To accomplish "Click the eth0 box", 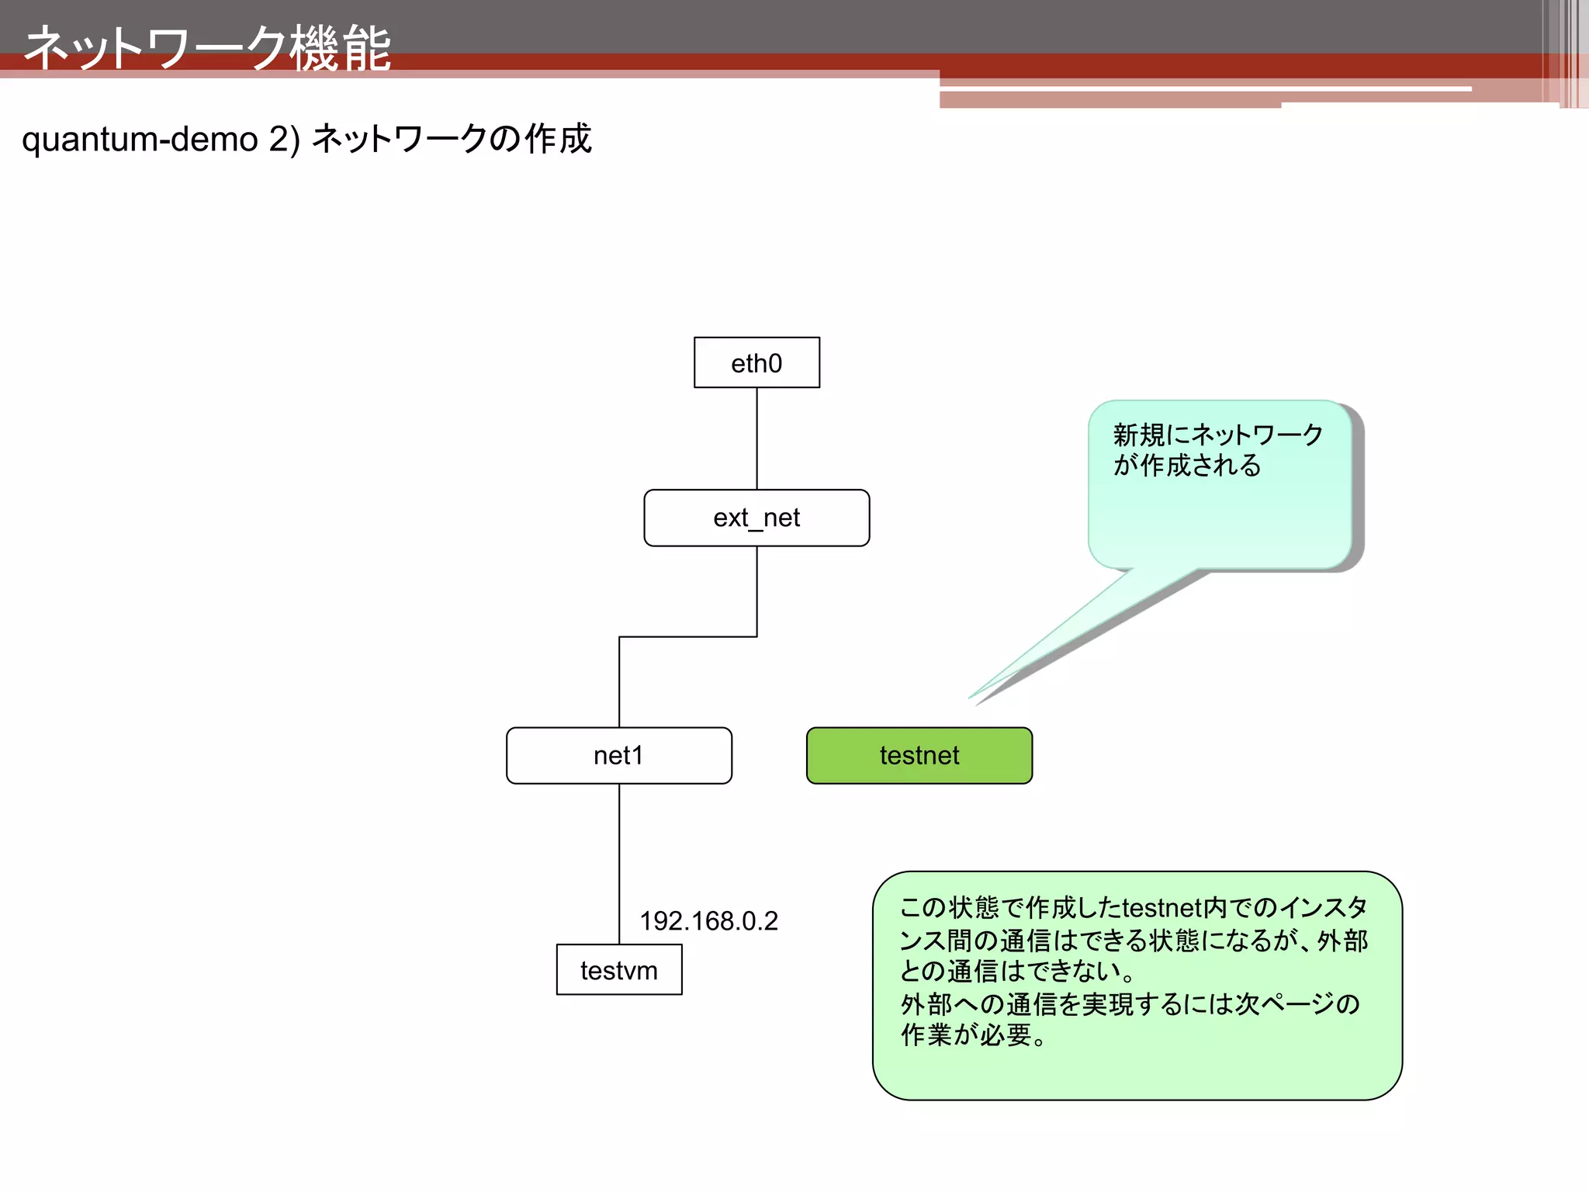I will [756, 362].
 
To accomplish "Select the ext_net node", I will [756, 518].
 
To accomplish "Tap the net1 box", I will [618, 755].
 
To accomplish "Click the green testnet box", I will [919, 755].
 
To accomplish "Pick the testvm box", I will [619, 970].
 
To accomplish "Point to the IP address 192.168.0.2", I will [708, 921].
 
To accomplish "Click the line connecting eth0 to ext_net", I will [756, 438].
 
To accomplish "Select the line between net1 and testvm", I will [619, 861].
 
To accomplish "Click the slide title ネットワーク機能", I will [208, 48].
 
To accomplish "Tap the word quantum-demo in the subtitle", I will [140, 140].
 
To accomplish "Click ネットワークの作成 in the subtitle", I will [452, 140].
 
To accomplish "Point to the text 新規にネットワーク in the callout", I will [1217, 435].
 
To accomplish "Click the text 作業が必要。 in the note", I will [974, 1035].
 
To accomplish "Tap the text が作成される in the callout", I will [1187, 466].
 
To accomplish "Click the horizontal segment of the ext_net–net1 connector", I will [687, 637].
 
